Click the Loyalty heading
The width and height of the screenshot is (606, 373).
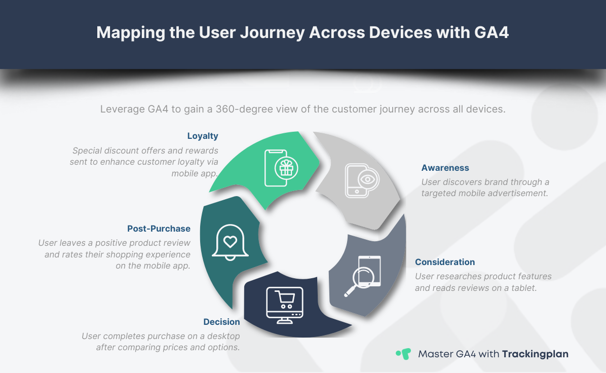tap(203, 136)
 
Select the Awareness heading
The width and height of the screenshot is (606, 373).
tap(445, 168)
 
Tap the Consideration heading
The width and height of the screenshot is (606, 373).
tap(445, 262)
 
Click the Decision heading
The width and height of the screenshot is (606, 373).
tap(221, 322)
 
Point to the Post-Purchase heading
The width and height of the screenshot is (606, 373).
tap(159, 229)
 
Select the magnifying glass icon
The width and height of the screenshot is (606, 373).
tap(363, 279)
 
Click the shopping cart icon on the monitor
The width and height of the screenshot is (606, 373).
tap(284, 300)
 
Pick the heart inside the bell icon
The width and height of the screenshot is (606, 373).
tap(231, 241)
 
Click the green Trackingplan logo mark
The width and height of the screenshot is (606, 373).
tap(403, 354)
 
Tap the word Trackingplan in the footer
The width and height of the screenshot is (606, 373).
tap(535, 354)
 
